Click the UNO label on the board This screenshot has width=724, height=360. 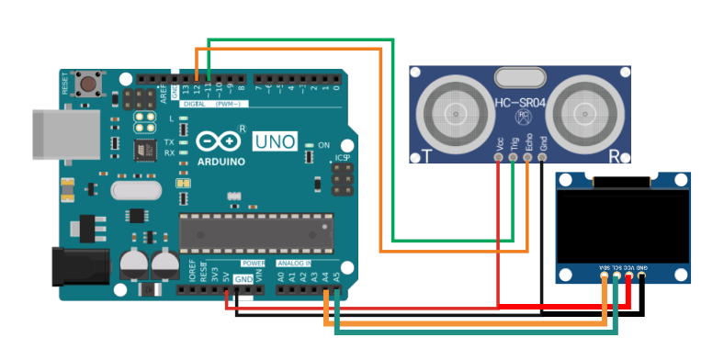(273, 141)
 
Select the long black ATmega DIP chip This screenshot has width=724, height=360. (255, 231)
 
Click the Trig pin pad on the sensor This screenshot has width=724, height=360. (513, 157)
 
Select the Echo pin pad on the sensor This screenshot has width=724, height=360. (527, 157)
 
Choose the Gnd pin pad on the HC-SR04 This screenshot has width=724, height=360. (542, 157)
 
